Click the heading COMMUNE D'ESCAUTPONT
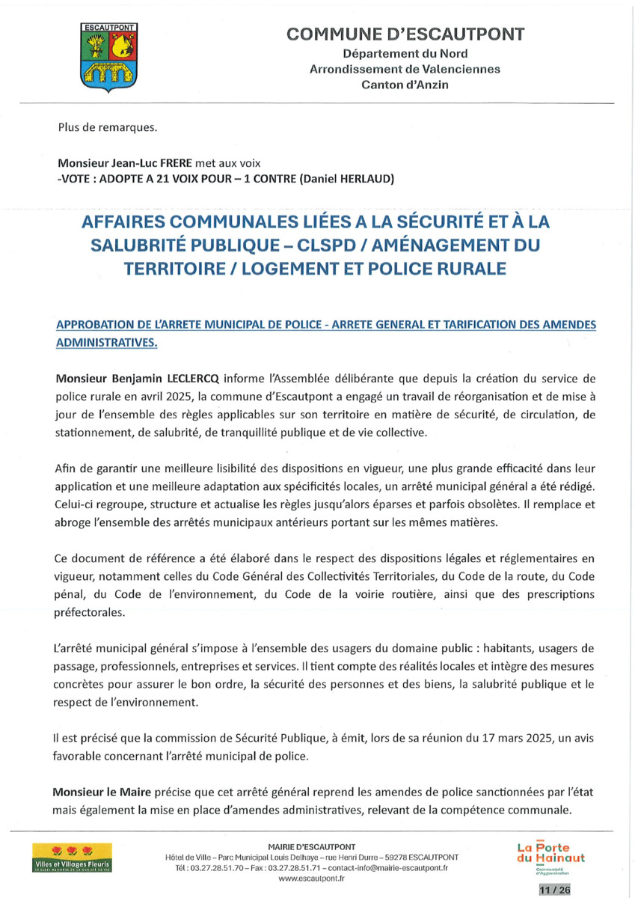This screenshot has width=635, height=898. click(x=405, y=34)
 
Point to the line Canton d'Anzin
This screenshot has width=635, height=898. click(x=405, y=85)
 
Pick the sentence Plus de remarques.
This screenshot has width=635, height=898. click(x=108, y=126)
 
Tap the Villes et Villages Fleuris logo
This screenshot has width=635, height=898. click(x=72, y=856)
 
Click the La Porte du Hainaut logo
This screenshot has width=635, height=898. click(x=550, y=856)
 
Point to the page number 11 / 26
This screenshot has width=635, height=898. click(x=553, y=890)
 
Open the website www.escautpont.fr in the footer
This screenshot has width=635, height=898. click(x=310, y=879)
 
